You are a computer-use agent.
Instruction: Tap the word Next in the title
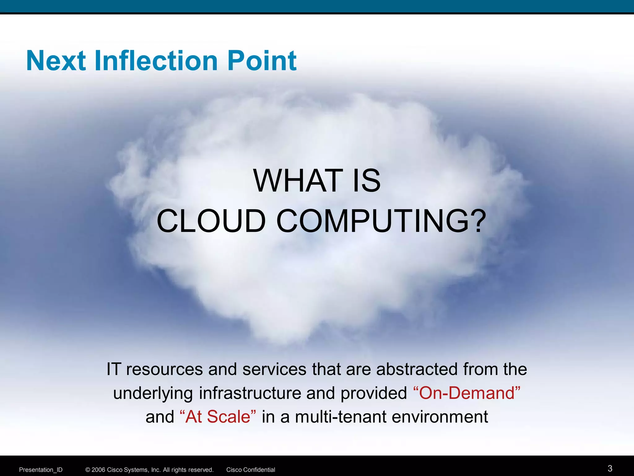pos(56,61)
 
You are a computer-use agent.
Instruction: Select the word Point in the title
pos(262,61)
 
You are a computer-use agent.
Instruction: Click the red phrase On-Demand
pos(467,393)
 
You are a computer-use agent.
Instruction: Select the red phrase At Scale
pos(218,417)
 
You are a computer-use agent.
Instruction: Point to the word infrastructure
pos(250,393)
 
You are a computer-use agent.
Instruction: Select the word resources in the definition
pos(164,369)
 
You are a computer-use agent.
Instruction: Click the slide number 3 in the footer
pos(610,468)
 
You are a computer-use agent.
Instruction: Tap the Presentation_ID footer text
pos(41,470)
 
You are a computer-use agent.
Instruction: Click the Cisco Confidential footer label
pos(250,470)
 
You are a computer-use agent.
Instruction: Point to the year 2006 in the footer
pos(98,470)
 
